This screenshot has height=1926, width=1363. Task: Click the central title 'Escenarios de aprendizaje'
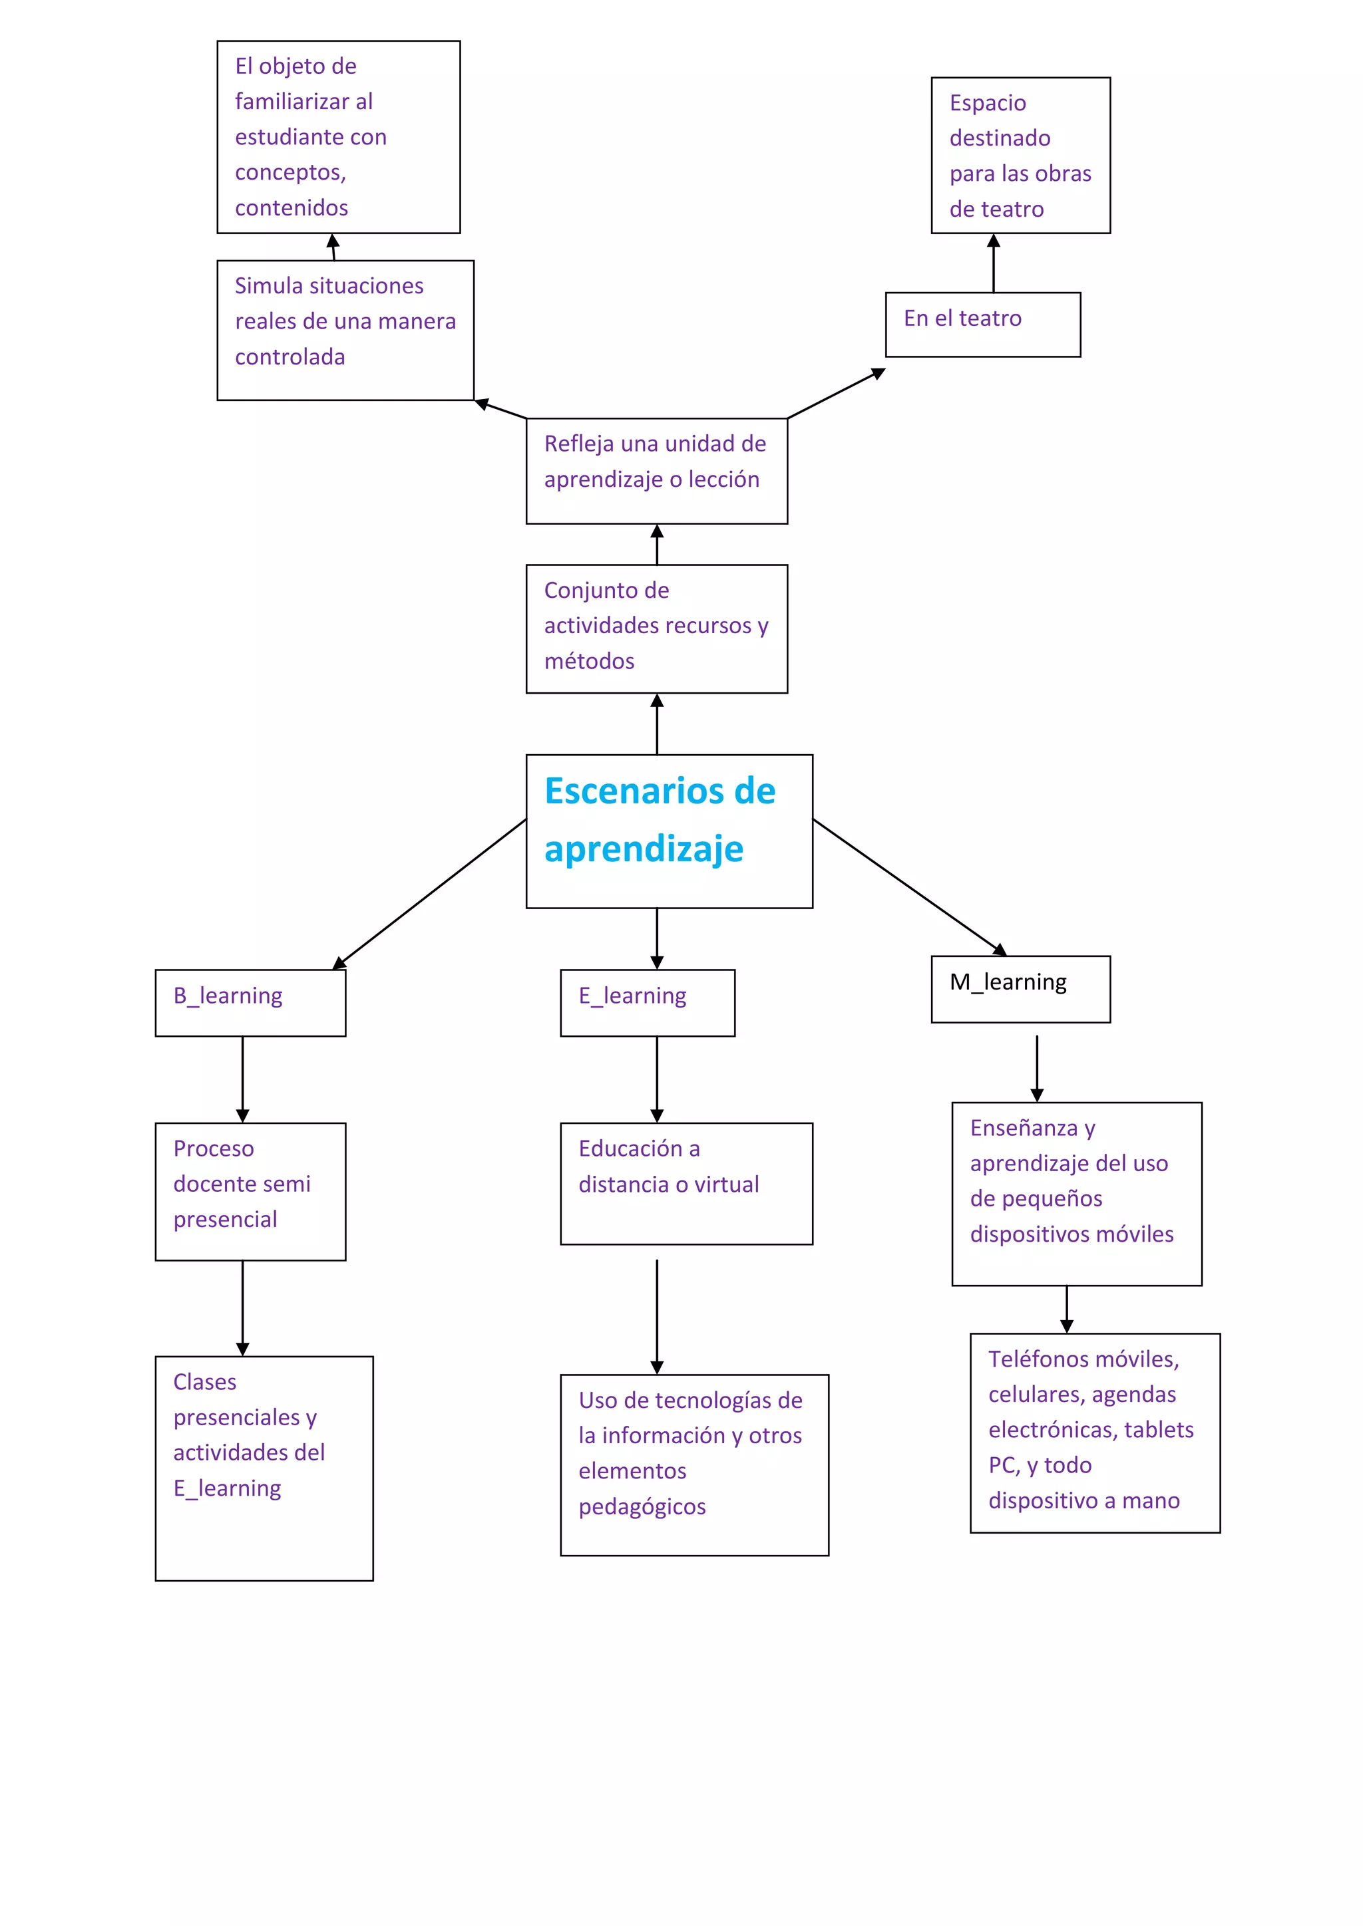point(660,819)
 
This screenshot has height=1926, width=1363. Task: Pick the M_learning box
point(1020,988)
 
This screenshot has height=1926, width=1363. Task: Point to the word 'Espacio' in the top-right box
point(987,103)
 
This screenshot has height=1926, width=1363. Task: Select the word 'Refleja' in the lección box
point(579,444)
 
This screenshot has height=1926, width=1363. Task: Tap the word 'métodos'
point(589,661)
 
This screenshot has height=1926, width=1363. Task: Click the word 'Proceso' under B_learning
point(213,1149)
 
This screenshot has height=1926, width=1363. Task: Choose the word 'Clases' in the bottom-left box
point(205,1381)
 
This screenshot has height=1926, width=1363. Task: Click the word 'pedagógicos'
point(642,1506)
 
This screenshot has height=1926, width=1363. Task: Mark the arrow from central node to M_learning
point(910,887)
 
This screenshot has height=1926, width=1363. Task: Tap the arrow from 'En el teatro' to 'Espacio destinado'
point(994,263)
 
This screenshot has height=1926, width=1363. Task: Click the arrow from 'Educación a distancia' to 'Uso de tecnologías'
point(657,1315)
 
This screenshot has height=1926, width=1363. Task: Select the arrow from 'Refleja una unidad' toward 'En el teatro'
point(836,394)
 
